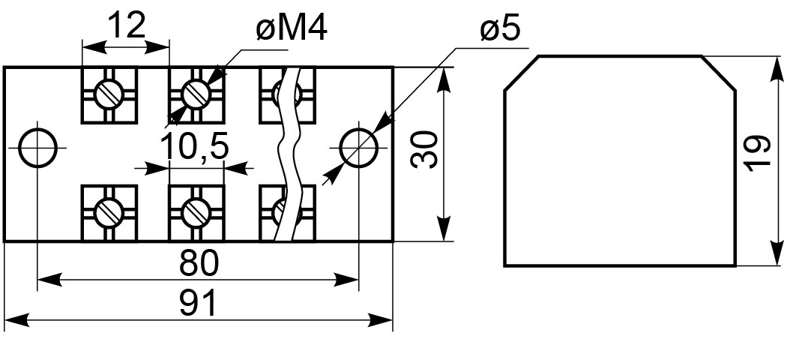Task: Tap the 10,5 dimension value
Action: click(x=194, y=146)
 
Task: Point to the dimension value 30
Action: click(x=424, y=149)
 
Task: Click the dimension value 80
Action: click(x=199, y=263)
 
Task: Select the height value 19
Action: click(x=758, y=153)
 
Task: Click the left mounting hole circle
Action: click(x=37, y=148)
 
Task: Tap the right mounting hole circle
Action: click(x=358, y=148)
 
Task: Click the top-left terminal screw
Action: click(x=109, y=94)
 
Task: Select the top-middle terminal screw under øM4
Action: click(x=196, y=94)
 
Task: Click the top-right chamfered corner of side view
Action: click(x=719, y=73)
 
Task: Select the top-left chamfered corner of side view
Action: click(x=522, y=73)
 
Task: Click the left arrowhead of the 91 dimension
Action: click(x=15, y=321)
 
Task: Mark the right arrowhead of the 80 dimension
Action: click(x=347, y=280)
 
